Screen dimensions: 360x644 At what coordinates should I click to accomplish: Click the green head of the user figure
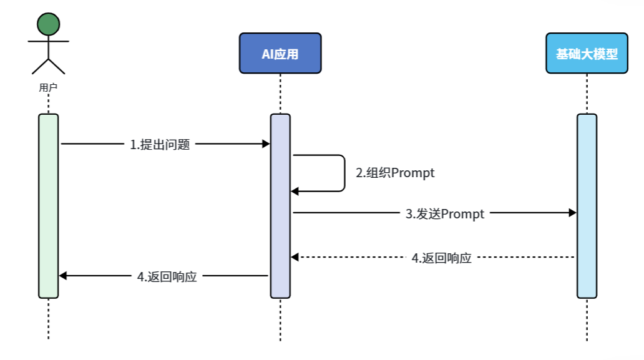click(x=48, y=24)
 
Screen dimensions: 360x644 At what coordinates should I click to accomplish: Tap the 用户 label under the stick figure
click(x=48, y=88)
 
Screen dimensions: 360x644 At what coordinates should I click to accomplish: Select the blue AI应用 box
click(x=280, y=54)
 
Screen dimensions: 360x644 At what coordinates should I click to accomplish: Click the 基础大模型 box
click(x=587, y=54)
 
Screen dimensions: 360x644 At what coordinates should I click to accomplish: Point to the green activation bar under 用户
click(x=49, y=206)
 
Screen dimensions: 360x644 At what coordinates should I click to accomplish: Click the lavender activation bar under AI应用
click(x=280, y=206)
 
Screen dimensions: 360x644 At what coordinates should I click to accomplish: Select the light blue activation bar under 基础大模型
click(x=587, y=206)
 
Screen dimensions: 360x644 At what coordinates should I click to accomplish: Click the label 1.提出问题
click(x=160, y=145)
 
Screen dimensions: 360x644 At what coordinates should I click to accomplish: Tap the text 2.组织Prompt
click(x=395, y=173)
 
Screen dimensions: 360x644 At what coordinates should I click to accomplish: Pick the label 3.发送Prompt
click(x=445, y=214)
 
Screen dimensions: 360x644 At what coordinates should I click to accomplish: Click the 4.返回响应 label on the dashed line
click(x=441, y=258)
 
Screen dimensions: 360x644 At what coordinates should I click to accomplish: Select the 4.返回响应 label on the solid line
click(x=167, y=276)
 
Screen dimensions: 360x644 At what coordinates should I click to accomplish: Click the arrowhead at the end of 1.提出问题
click(x=265, y=144)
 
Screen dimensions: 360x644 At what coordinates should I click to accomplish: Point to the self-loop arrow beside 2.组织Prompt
click(x=344, y=173)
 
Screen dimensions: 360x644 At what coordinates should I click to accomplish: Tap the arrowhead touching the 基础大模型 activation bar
click(x=572, y=213)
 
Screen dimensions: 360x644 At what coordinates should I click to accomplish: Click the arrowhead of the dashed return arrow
click(x=295, y=257)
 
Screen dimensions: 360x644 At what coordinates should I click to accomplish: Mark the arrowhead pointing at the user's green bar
click(x=63, y=276)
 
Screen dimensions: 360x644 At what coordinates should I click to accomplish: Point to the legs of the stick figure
click(x=48, y=66)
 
